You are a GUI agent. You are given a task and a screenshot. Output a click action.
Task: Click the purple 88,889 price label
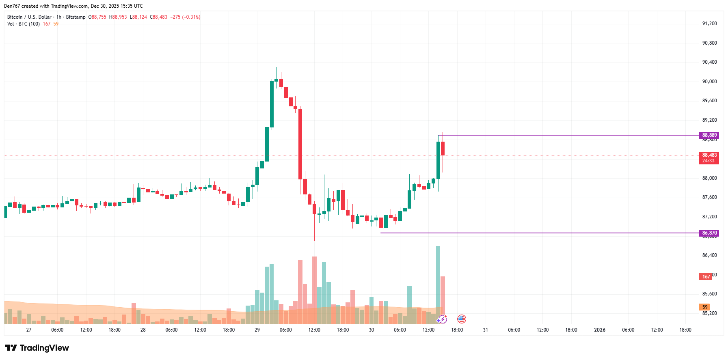709,135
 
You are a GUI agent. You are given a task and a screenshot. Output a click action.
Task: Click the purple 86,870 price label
709,233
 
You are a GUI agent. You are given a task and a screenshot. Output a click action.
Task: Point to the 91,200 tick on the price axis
709,24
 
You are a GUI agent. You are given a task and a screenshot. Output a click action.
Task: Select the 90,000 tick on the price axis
709,82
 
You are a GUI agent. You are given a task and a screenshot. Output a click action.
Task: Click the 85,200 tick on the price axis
709,313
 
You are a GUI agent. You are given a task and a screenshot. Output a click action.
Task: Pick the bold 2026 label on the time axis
600,330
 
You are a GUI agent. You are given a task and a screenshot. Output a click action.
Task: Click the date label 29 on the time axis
257,330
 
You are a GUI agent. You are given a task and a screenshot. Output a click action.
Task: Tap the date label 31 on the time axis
485,330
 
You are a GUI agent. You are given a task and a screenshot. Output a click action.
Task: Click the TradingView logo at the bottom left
37,348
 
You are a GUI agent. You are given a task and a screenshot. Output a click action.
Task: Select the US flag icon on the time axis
462,319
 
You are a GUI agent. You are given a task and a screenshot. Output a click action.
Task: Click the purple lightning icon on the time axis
442,319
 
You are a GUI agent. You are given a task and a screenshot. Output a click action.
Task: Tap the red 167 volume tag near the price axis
706,277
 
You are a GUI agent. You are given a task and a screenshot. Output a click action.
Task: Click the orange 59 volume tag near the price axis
705,307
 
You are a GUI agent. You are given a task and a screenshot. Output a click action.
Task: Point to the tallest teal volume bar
438,284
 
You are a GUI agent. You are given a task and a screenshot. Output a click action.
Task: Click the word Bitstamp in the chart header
76,17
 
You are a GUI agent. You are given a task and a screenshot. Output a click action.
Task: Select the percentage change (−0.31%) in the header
191,17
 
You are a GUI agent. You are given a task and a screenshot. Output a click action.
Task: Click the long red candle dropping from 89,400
300,144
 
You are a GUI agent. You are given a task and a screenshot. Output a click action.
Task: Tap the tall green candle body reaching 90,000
272,104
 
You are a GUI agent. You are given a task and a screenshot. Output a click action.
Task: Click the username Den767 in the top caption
12,6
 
